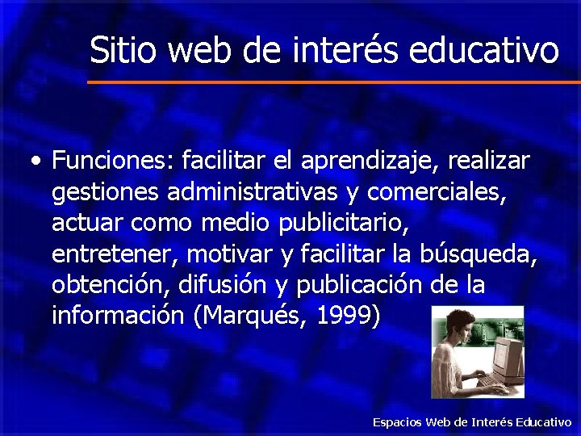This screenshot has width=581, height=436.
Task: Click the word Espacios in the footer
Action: [396, 422]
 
